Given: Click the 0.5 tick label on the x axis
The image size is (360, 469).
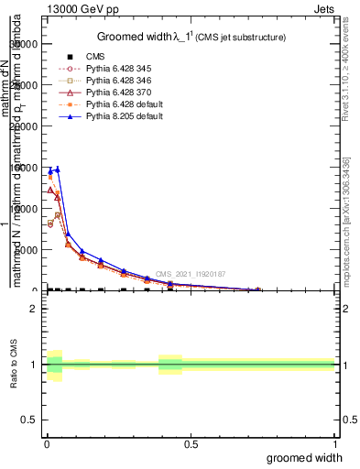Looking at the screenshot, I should click(x=191, y=443).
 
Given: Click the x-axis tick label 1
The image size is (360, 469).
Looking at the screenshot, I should click(x=334, y=443).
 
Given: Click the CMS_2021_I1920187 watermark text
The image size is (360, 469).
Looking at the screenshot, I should click(x=191, y=274).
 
